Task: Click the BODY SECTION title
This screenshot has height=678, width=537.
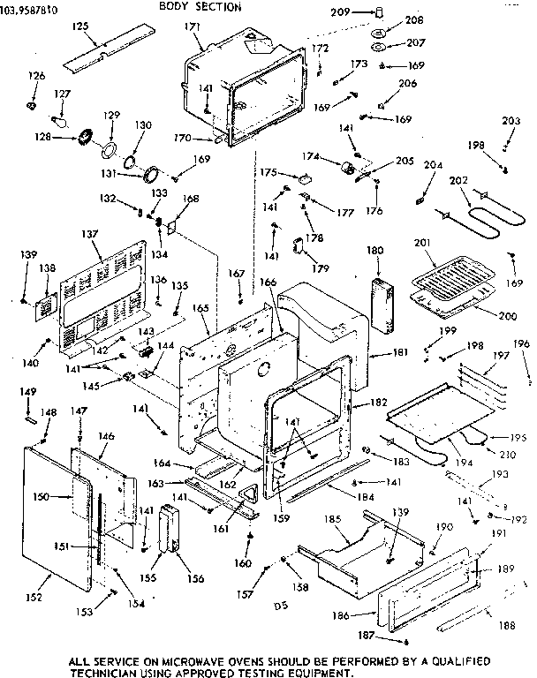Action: point(200,7)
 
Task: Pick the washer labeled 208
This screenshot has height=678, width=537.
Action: point(378,33)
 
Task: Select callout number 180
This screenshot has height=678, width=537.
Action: point(375,252)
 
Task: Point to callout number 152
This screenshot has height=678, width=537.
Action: point(33,598)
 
